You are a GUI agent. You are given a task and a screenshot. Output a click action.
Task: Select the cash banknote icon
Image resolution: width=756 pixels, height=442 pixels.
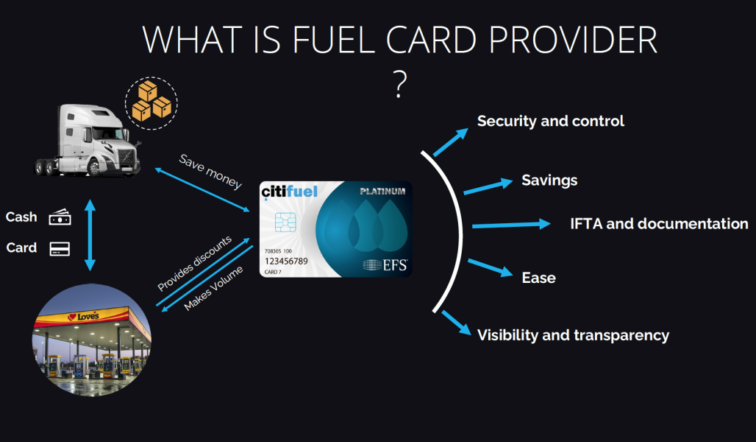(x=60, y=217)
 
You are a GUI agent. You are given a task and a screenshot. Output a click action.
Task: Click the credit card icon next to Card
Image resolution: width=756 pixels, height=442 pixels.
(x=60, y=248)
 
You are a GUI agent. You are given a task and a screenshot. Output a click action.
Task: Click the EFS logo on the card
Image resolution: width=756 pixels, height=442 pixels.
(x=385, y=264)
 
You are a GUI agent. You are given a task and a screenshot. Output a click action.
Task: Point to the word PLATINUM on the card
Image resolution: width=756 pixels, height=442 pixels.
(x=382, y=191)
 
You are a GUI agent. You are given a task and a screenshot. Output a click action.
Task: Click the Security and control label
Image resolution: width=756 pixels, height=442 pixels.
(x=551, y=121)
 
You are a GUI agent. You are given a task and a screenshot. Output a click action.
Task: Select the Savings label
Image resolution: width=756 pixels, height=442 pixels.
(x=549, y=180)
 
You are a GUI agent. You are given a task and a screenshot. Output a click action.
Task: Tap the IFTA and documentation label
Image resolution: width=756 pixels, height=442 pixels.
(x=659, y=223)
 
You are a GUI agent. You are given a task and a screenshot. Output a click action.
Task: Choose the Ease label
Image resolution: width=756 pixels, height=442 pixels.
(x=538, y=278)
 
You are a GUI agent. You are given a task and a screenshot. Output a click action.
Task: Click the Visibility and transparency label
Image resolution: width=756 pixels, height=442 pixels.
(x=573, y=335)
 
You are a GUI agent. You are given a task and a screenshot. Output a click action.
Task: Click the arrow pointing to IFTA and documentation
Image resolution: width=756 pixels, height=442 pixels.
(x=510, y=225)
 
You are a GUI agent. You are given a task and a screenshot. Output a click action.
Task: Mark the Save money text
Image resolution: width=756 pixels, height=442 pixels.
(x=210, y=172)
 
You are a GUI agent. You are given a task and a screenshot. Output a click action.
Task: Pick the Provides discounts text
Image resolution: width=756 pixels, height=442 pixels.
(x=194, y=264)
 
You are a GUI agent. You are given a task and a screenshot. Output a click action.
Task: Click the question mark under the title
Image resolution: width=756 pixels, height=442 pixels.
(x=399, y=85)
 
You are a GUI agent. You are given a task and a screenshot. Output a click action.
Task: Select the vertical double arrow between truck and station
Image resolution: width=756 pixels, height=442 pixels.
(x=90, y=234)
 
